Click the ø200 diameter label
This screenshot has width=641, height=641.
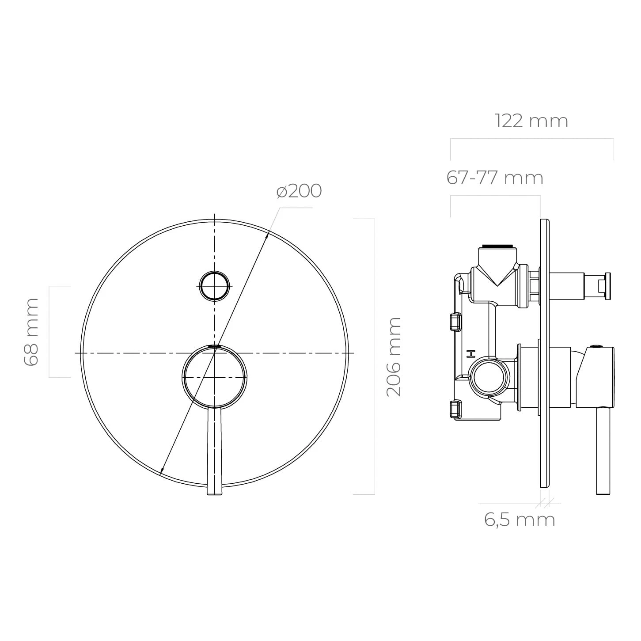click(x=299, y=191)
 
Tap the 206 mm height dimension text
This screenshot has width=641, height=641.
click(x=394, y=357)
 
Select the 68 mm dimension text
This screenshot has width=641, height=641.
click(x=31, y=331)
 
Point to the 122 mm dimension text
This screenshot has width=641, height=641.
click(x=531, y=121)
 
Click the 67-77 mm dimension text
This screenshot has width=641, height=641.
click(x=495, y=178)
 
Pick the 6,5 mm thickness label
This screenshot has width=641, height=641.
click(x=520, y=520)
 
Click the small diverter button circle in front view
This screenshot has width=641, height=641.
click(x=215, y=286)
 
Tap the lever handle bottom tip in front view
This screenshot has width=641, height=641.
click(x=214, y=491)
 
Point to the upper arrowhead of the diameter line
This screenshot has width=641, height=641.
click(x=267, y=235)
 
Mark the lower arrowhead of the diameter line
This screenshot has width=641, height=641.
click(x=162, y=471)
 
